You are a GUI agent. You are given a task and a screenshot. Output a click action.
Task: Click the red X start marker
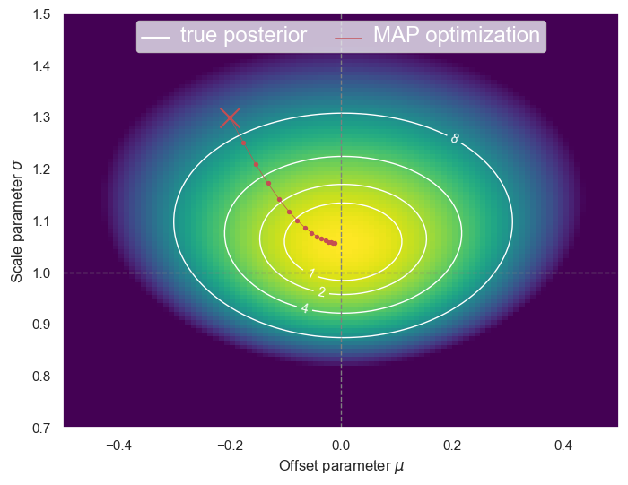(x=231, y=117)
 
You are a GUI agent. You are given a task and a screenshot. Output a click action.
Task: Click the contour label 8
(x=455, y=138)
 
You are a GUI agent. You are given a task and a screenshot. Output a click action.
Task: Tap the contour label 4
(x=305, y=308)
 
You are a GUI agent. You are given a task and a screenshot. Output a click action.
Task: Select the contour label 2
(x=321, y=291)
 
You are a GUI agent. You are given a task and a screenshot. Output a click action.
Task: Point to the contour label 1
(x=311, y=273)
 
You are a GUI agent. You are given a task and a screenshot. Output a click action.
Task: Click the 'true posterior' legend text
(x=243, y=36)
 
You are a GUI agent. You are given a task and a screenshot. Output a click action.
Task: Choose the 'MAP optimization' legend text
(x=457, y=36)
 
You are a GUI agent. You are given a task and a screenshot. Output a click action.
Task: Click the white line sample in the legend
(x=156, y=37)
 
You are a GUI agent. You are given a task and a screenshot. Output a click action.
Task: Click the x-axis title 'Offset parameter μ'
(x=341, y=466)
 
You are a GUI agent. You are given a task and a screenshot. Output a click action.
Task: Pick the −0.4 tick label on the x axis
(x=119, y=445)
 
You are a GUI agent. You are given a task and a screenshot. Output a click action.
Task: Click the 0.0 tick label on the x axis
(x=341, y=445)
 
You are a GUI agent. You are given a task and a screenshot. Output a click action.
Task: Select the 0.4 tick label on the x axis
(x=563, y=445)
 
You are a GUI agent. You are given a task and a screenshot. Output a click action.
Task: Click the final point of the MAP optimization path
(x=335, y=243)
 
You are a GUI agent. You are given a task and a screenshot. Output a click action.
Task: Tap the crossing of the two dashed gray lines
(x=341, y=273)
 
